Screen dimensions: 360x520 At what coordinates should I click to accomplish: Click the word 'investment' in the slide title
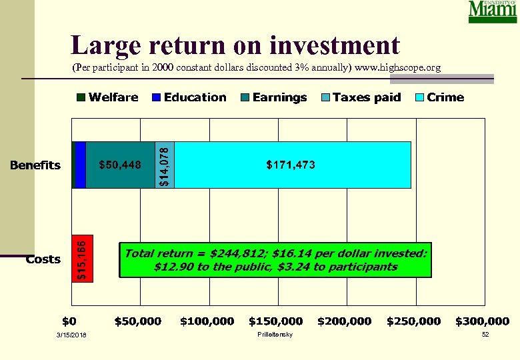click(x=335, y=45)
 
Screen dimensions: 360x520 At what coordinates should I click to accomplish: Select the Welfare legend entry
click(x=107, y=97)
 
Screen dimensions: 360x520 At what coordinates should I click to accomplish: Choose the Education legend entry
click(x=189, y=97)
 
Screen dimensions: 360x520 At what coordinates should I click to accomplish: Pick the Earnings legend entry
click(x=274, y=97)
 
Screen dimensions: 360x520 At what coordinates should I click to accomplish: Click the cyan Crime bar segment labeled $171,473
click(x=292, y=165)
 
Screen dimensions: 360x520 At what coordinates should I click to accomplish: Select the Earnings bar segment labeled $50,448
click(x=120, y=165)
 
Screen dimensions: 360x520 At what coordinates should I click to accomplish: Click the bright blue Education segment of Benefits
click(x=81, y=165)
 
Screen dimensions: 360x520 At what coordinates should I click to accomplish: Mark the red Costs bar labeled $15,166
click(x=83, y=258)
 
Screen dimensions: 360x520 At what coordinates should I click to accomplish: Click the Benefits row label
click(x=35, y=165)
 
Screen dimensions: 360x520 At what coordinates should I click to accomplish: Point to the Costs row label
click(x=43, y=259)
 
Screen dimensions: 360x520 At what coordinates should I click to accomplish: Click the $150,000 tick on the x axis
click(x=275, y=321)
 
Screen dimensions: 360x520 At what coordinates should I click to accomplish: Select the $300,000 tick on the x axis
click(x=482, y=321)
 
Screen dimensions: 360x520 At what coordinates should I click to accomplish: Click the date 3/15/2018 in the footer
click(x=72, y=334)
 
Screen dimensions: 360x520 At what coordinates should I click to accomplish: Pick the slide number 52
click(x=485, y=334)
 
